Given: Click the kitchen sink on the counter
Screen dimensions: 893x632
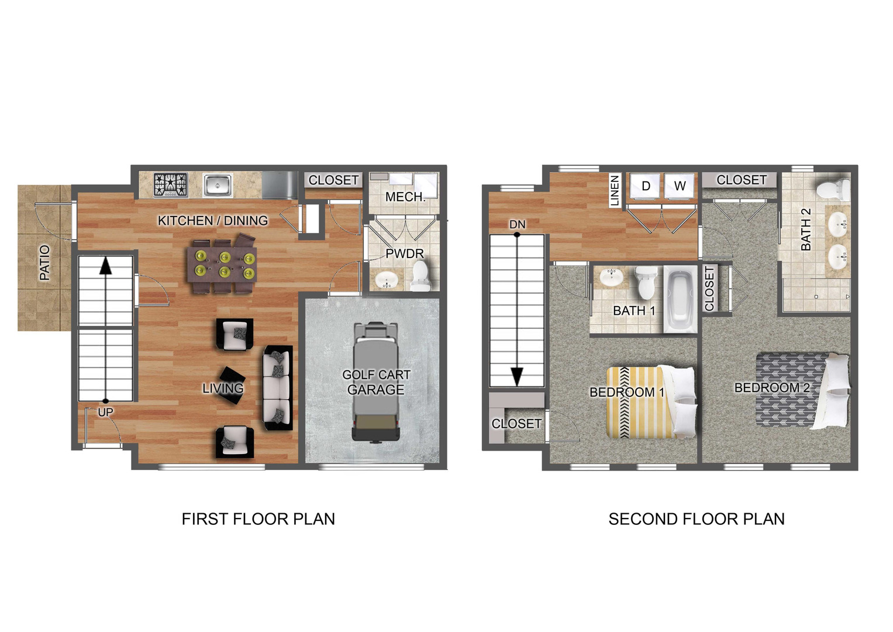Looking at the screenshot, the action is (218, 185).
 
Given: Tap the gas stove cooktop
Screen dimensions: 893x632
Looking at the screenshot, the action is (171, 185).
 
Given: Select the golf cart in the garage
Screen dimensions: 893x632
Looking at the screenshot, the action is (375, 382).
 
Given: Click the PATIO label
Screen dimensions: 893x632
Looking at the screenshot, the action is (44, 263).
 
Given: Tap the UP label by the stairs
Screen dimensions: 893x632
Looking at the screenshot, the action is (106, 412).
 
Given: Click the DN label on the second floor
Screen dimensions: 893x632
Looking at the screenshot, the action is (517, 225).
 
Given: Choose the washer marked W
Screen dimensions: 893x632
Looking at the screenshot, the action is (680, 186).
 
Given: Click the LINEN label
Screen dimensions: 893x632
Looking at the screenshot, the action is (615, 191).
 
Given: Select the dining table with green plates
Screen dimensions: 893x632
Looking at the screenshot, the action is (222, 265).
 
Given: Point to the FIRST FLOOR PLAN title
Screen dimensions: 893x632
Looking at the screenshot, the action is (258, 519).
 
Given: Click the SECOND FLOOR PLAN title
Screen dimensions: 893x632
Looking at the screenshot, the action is (697, 519).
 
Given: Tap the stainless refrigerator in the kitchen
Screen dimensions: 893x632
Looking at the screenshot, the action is (280, 185).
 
